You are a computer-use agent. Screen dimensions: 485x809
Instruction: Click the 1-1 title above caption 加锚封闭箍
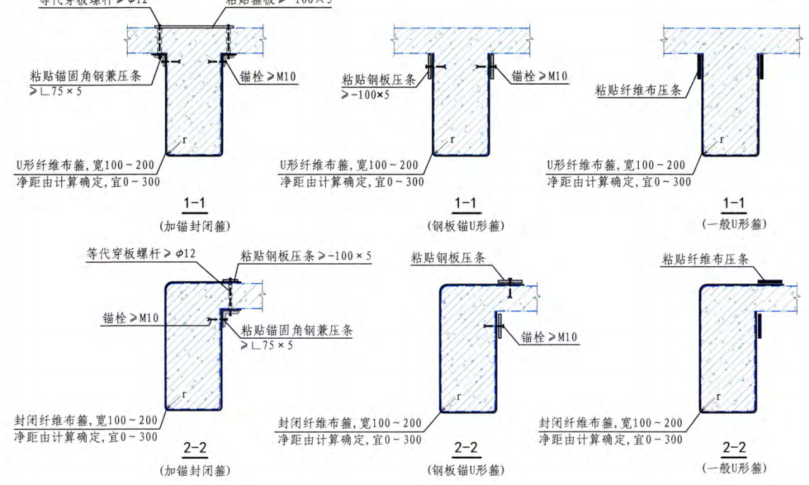pyautogui.click(x=195, y=204)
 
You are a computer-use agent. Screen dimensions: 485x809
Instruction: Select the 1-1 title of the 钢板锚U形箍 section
pyautogui.click(x=465, y=204)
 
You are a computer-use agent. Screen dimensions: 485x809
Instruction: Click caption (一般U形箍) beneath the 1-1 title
pyautogui.click(x=735, y=224)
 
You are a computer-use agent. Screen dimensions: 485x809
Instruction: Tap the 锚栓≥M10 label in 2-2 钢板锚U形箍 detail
pyautogui.click(x=549, y=337)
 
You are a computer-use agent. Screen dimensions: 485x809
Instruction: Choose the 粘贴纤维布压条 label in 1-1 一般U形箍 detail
pyautogui.click(x=638, y=90)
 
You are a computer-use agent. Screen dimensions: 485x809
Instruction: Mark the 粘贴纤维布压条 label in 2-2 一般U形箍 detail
pyautogui.click(x=705, y=259)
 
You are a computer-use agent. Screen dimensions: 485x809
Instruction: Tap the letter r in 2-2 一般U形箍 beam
pyautogui.click(x=718, y=397)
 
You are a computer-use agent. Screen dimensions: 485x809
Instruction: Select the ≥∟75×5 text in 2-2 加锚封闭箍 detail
pyautogui.click(x=267, y=345)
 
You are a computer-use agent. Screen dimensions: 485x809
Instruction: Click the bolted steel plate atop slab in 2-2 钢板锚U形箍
pyautogui.click(x=509, y=282)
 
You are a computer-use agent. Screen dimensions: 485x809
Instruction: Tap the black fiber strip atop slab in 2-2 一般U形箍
pyautogui.click(x=769, y=282)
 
